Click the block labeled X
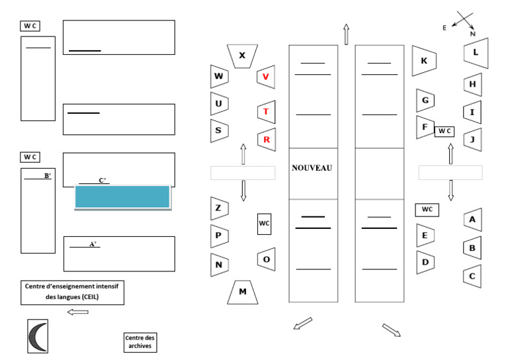[x=241, y=56]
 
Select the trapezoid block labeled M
[x=243, y=292]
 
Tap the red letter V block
[x=265, y=77]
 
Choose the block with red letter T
[x=265, y=112]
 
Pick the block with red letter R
[x=265, y=140]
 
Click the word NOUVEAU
[x=312, y=168]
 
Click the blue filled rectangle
[x=122, y=197]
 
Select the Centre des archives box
[x=140, y=342]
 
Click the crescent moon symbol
[x=38, y=336]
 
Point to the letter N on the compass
[x=472, y=33]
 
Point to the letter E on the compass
[x=444, y=28]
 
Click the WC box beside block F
[x=443, y=131]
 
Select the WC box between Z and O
[x=264, y=224]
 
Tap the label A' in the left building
[x=93, y=244]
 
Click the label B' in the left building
[x=47, y=176]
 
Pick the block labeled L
[x=475, y=52]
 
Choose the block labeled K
[x=424, y=61]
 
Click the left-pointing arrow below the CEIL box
[x=77, y=312]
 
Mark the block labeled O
[x=266, y=259]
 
